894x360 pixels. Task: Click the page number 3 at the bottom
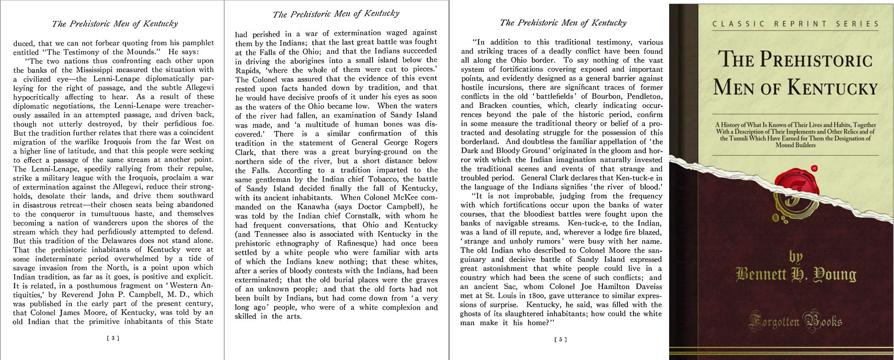pos(112,339)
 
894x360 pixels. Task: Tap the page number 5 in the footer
pos(560,339)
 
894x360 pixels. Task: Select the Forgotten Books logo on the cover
pos(795,321)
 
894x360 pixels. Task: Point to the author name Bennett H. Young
pos(796,274)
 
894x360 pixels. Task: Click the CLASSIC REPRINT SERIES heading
pos(796,24)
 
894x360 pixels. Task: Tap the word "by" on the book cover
pos(795,256)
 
